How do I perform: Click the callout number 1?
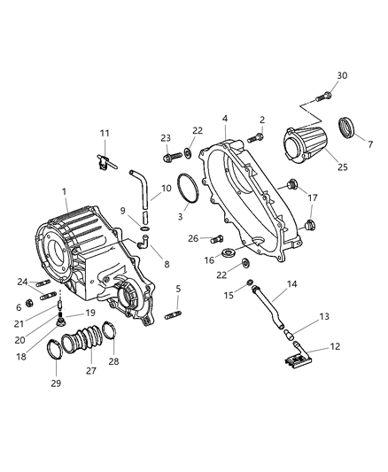(64, 191)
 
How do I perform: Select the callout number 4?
(225, 118)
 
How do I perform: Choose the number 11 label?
(105, 134)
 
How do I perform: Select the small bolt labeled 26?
(217, 238)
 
